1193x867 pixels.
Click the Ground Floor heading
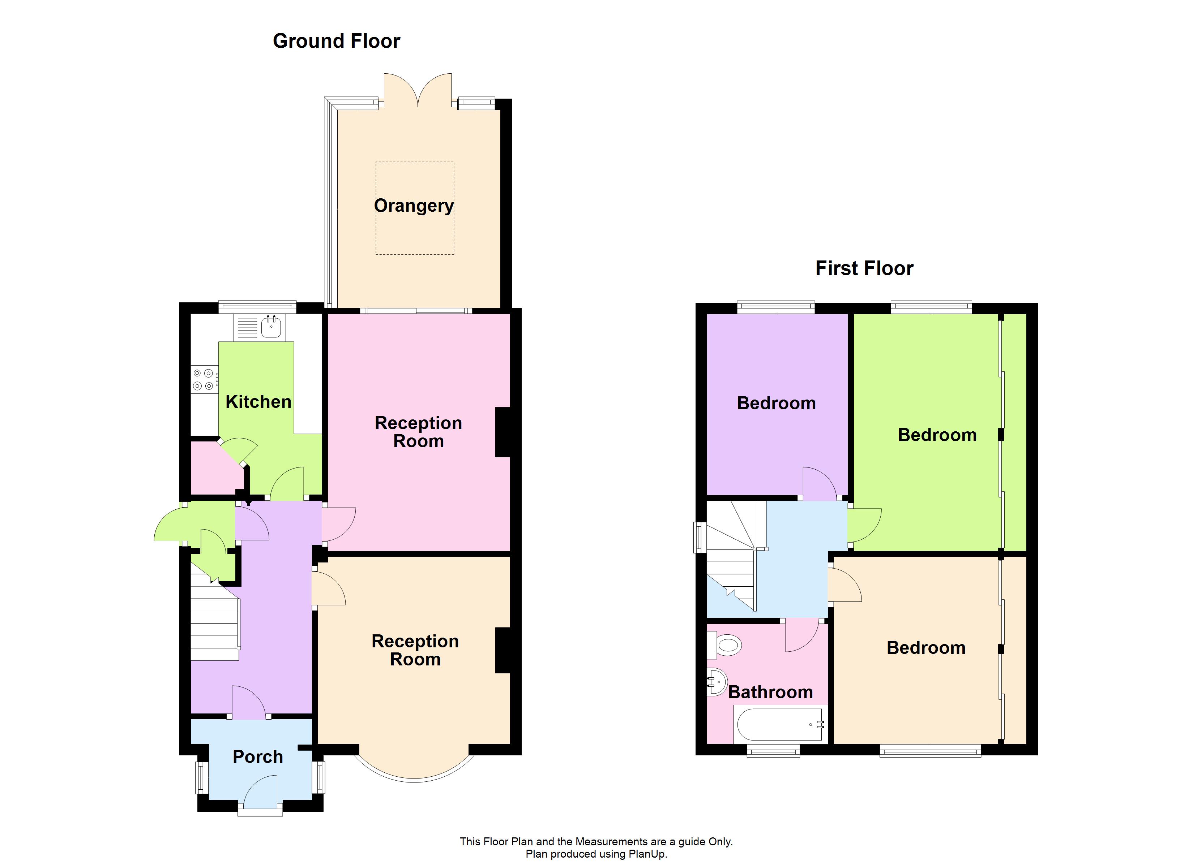336,41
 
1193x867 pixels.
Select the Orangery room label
414,206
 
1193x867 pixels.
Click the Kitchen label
258,402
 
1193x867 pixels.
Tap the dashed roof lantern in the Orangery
415,173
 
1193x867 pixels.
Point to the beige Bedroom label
926,648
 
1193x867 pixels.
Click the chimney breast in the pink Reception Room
503,432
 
